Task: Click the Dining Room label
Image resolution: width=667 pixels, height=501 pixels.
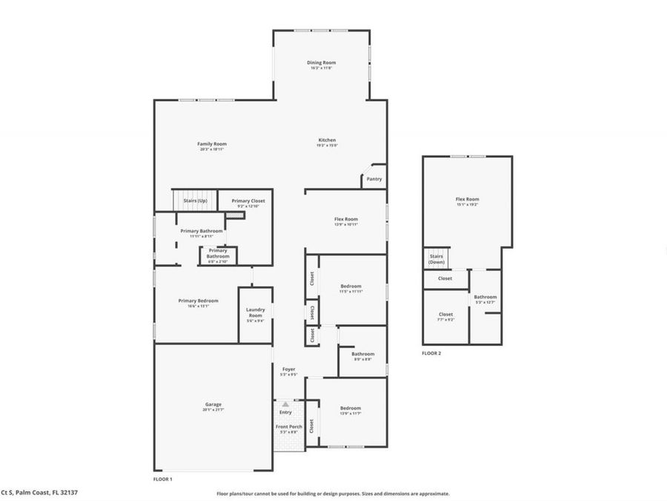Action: pos(322,63)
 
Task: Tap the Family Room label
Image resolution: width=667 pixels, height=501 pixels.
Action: pos(212,144)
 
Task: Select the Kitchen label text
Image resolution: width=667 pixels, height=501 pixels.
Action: pos(327,140)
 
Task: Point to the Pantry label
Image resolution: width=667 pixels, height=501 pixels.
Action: pos(374,178)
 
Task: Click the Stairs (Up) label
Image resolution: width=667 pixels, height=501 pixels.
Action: pos(195,201)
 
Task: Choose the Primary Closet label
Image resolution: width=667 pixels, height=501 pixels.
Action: pos(248,201)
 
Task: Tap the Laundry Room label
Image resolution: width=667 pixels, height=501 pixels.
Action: pos(255,313)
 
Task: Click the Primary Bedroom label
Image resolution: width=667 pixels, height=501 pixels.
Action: pos(198,301)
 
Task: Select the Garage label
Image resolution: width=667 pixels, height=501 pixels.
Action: pos(213,405)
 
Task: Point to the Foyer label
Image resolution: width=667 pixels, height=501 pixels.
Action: pos(288,369)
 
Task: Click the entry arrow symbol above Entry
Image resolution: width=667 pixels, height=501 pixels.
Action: pos(285,405)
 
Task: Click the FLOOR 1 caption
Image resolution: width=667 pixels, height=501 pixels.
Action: pos(162,479)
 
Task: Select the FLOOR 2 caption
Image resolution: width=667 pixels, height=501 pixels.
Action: pos(431,353)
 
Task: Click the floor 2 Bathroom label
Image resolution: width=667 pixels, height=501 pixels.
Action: pos(485,297)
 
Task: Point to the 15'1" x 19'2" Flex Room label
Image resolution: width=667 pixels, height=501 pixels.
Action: pos(467,199)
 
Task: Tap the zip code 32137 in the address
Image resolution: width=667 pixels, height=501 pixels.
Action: pos(69,492)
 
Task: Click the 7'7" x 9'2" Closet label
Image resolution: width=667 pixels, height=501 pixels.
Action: pos(445,314)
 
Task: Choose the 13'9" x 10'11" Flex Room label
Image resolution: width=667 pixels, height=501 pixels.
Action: pos(346,219)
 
